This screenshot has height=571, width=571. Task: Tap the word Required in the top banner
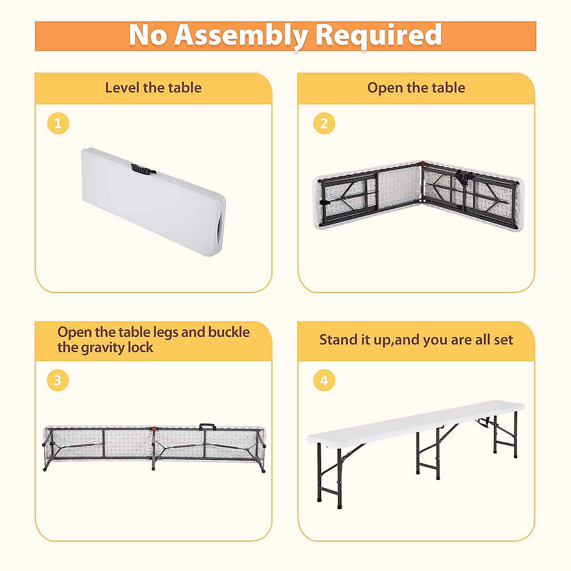(x=378, y=36)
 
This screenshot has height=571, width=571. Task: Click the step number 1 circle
(x=58, y=123)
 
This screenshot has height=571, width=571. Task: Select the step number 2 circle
(x=324, y=123)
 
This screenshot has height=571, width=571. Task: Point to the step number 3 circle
(x=58, y=380)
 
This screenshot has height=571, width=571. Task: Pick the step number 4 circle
(x=324, y=380)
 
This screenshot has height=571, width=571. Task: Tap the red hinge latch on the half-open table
(x=423, y=164)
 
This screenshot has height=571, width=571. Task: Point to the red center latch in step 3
(x=154, y=428)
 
